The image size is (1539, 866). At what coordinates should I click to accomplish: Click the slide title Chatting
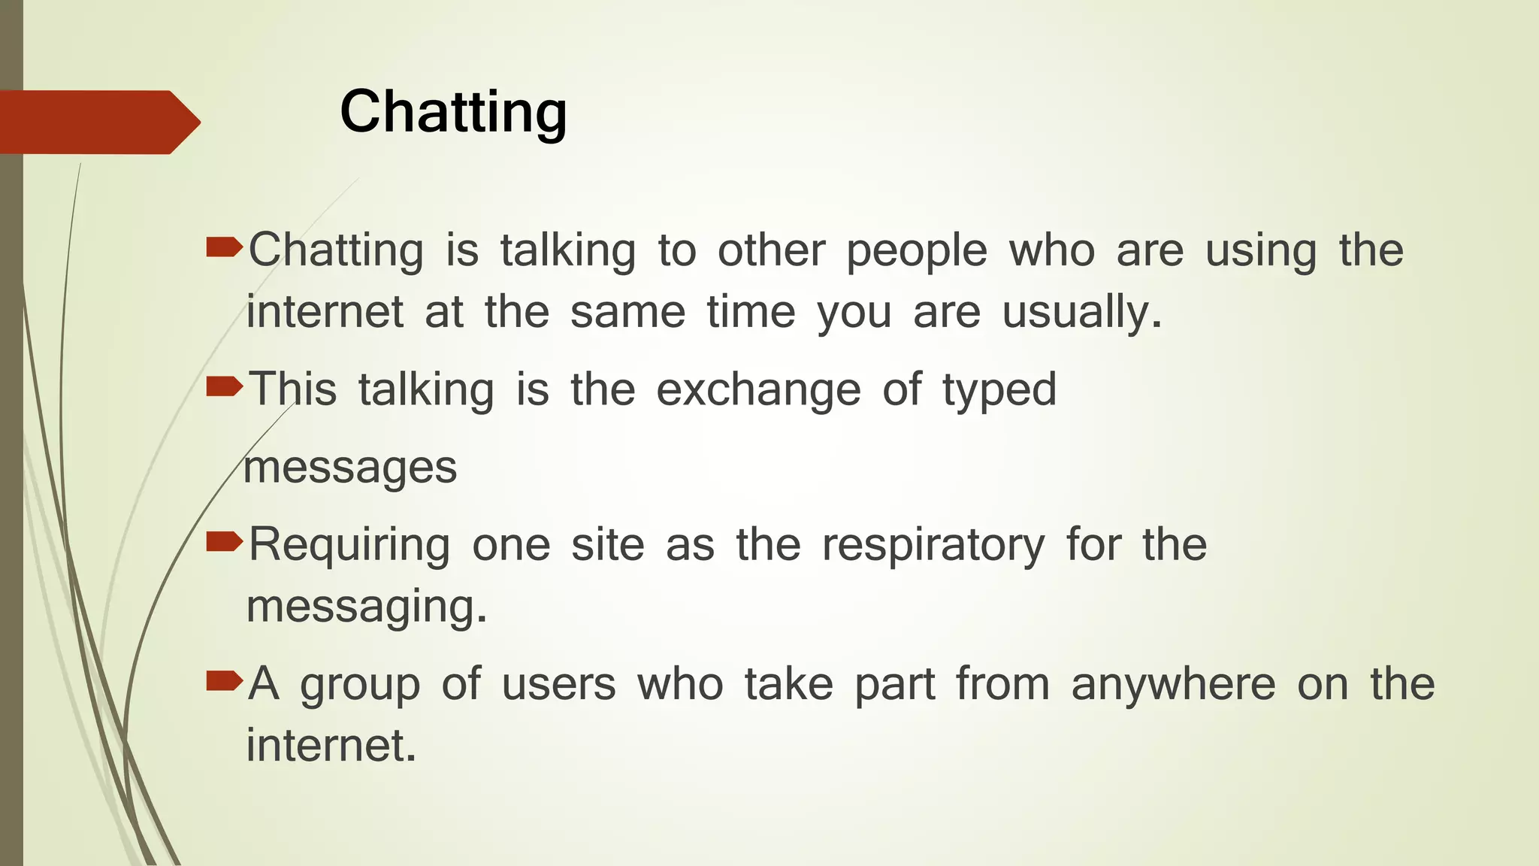453,112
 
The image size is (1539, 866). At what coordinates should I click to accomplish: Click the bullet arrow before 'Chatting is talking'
224,247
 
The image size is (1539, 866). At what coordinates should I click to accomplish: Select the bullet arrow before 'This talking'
224,386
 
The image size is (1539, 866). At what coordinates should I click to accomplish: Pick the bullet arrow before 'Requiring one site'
224,540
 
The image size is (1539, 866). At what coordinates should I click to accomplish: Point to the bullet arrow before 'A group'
224,681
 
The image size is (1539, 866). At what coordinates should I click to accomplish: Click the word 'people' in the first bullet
916,252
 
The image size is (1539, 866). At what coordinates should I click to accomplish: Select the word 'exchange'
758,391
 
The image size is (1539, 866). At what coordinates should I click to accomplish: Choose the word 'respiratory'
933,546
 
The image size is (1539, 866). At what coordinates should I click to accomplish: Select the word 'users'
558,686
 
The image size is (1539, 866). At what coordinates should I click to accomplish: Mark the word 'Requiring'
349,546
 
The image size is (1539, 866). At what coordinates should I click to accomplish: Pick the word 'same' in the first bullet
627,312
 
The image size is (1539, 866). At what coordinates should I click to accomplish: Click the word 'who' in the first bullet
1051,250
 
